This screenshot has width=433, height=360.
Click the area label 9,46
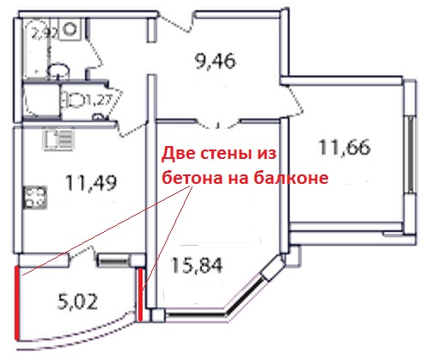click(x=215, y=61)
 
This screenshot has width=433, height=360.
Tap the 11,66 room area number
click(x=345, y=147)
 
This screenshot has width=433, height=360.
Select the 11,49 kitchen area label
click(x=91, y=182)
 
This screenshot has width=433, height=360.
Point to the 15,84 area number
click(x=197, y=265)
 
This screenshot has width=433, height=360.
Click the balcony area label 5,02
click(x=77, y=302)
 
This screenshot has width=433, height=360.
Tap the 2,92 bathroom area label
click(x=45, y=34)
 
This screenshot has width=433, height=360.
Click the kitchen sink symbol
click(x=58, y=139)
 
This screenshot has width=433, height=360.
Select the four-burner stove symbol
click(x=35, y=198)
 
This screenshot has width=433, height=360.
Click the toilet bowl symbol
click(x=74, y=100)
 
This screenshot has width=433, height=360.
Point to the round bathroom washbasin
click(x=58, y=70)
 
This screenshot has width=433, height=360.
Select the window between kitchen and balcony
click(x=113, y=260)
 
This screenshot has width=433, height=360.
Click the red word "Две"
click(x=179, y=154)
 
